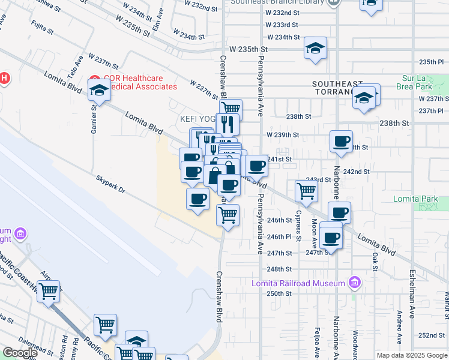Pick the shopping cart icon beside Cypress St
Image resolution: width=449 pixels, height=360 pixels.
click(307, 191)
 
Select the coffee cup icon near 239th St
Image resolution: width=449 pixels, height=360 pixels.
click(342, 142)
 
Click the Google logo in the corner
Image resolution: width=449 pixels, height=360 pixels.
click(20, 353)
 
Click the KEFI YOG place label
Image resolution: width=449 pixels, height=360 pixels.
click(197, 119)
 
